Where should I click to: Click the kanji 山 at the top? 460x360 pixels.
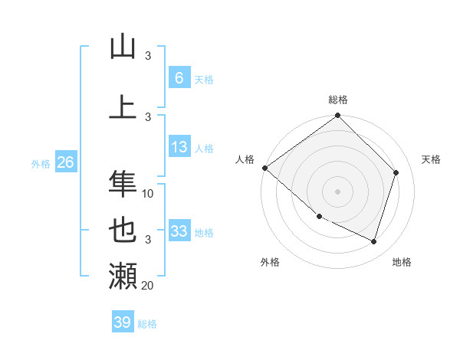pos(123,47)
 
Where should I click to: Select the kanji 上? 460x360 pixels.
pos(123,107)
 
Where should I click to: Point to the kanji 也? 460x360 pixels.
pos(123,229)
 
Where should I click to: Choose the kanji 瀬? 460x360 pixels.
pos(123,275)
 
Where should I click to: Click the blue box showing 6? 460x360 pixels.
pos(179,77)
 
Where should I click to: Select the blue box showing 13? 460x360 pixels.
pos(179,147)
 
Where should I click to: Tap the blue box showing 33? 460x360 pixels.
pos(179,231)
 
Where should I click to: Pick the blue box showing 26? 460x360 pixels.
pos(65,162)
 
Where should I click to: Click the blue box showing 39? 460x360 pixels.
pos(123,322)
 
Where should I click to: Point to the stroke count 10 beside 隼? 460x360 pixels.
pos(148,194)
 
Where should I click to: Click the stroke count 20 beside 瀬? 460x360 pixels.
pos(148,286)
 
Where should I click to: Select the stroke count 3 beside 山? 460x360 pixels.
pos(148,56)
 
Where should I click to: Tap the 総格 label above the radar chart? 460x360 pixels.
pos(338,100)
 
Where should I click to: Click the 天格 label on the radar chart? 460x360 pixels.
pos(431,159)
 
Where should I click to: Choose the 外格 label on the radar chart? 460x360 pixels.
pos(270,262)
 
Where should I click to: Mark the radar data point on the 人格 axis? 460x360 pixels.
pos(264,168)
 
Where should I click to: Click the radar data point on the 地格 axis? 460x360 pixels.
pos(373,241)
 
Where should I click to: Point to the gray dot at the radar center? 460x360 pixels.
pos(337,191)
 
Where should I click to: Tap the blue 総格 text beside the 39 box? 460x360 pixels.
pos(148,324)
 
